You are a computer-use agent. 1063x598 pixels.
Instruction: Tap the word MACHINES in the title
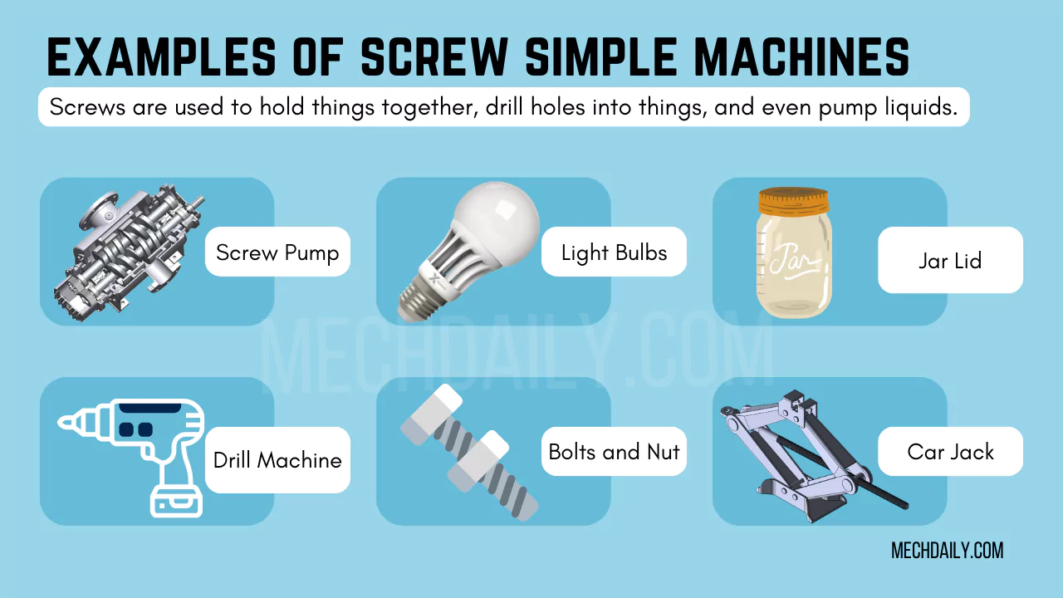tap(800, 59)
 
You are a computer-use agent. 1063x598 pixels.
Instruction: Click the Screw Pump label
tap(277, 252)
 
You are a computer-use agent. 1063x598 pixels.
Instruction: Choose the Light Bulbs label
tap(614, 252)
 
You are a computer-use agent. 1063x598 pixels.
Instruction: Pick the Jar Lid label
tap(950, 261)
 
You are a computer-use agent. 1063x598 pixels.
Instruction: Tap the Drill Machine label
tap(277, 460)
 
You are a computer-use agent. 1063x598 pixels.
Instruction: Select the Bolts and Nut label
tap(614, 452)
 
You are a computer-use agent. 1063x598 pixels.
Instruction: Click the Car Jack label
tap(950, 452)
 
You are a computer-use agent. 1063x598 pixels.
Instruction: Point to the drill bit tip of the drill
tap(66, 422)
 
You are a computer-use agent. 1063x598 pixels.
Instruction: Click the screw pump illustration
tap(129, 249)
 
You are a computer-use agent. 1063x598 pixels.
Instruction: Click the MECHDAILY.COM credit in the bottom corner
tap(947, 551)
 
